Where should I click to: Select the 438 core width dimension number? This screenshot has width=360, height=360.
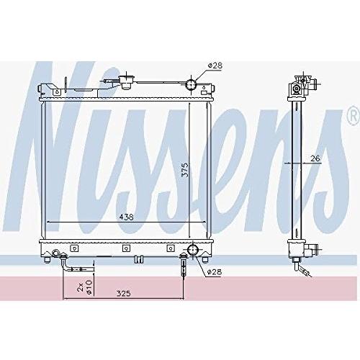[127, 217]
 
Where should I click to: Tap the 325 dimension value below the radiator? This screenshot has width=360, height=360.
[124, 293]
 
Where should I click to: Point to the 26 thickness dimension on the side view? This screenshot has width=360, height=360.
[315, 158]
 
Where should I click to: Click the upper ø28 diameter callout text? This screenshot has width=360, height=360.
[215, 66]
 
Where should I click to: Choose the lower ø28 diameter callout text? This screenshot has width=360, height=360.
[215, 272]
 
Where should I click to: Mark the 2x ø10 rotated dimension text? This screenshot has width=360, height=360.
[85, 287]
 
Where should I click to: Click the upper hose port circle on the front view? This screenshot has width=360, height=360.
[191, 84]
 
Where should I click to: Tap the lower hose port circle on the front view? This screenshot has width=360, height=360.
[193, 251]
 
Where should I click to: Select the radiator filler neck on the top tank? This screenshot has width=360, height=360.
[125, 82]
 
